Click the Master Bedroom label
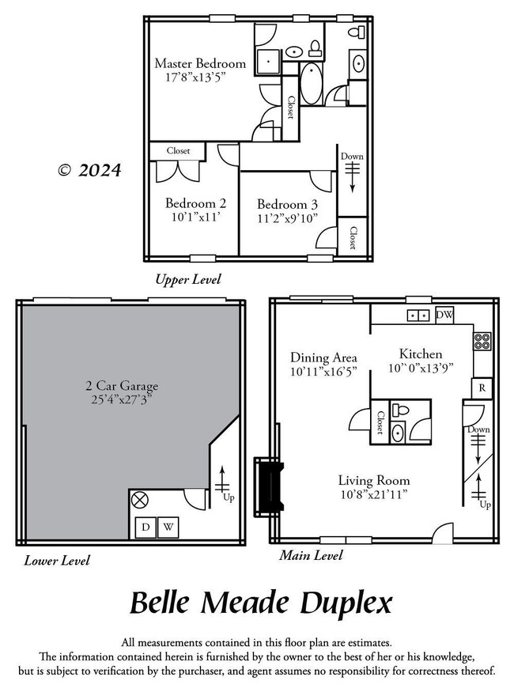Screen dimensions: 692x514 pyautogui.click(x=200, y=63)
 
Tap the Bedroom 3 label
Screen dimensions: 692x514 pyautogui.click(x=287, y=202)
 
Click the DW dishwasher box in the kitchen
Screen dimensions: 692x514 pyautogui.click(x=444, y=315)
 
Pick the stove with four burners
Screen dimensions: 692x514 pyautogui.click(x=482, y=342)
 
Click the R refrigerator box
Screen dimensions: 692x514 pyautogui.click(x=482, y=388)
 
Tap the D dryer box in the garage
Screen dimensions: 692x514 pyautogui.click(x=146, y=527)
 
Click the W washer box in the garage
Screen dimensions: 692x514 pyautogui.click(x=169, y=527)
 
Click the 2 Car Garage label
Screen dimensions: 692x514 pyautogui.click(x=122, y=386)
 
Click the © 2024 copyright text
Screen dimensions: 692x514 pyautogui.click(x=89, y=170)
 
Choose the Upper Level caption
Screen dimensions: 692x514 pyautogui.click(x=188, y=279)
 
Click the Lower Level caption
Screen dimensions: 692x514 pyautogui.click(x=57, y=561)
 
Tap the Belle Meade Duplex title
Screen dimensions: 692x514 pyautogui.click(x=260, y=603)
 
